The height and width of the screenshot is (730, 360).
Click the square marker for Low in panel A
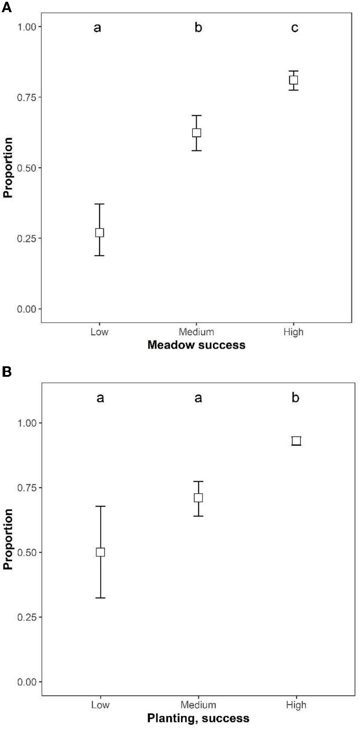click(100, 233)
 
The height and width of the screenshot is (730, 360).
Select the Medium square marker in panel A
click(197, 133)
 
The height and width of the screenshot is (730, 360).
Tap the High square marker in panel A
click(294, 80)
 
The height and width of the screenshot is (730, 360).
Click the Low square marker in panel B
click(101, 552)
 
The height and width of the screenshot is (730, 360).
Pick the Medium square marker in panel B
click(199, 498)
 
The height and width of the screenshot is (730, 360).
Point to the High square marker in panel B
click(296, 441)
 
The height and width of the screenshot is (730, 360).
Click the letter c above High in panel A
click(295, 28)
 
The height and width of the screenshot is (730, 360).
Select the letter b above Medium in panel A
click(198, 28)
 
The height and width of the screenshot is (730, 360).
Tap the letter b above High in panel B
click(296, 398)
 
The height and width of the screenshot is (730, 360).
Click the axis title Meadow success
click(196, 345)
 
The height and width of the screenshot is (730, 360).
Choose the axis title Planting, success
click(198, 718)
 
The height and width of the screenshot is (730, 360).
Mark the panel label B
click(7, 372)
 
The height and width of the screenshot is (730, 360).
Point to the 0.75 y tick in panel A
click(27, 97)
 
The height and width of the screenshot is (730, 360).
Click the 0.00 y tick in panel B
click(27, 682)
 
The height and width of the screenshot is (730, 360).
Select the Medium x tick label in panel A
click(197, 332)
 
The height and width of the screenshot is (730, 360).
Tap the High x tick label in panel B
click(296, 705)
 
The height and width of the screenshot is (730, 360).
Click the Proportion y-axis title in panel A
click(8, 168)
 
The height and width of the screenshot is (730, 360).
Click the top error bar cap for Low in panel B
click(101, 506)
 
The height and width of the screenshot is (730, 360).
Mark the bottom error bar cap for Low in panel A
click(100, 255)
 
